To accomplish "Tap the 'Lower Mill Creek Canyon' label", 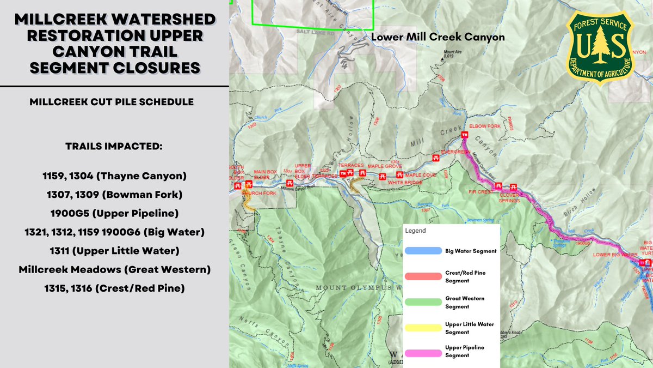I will (438, 38).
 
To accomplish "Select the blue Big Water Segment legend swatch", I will (422, 251).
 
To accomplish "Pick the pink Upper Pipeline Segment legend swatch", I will (422, 352).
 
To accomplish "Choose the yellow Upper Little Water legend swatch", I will (422, 328).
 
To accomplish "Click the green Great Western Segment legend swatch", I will (422, 302).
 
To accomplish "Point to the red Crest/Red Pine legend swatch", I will (422, 276).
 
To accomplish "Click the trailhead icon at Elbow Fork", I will (465, 135).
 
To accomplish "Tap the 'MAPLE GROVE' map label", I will (384, 166).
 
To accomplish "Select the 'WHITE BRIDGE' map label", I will (405, 183).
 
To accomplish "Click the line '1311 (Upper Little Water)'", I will (114, 251).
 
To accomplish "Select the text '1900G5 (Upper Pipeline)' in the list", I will (114, 213).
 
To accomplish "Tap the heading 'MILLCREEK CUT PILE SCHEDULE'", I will (114, 102).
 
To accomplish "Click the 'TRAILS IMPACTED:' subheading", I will (114, 147).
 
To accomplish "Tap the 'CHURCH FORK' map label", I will (255, 193).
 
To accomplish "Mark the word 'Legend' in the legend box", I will (415, 231).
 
